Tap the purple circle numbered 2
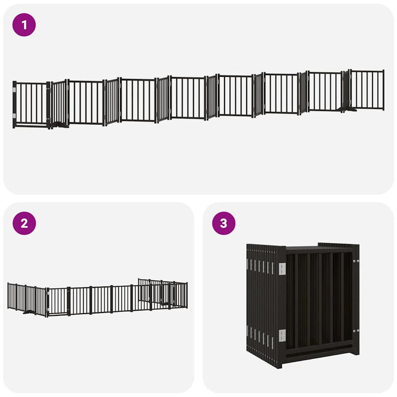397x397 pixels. [x=24, y=223]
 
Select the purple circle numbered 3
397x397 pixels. [x=223, y=223]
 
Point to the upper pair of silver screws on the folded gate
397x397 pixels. [x=356, y=261]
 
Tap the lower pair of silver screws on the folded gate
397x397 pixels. [x=356, y=331]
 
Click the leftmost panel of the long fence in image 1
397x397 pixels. [x=31, y=104]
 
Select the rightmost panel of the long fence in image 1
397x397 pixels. [x=367, y=90]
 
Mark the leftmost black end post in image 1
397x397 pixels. [x=14, y=105]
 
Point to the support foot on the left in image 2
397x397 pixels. [x=28, y=311]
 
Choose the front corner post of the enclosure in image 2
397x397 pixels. [x=47, y=302]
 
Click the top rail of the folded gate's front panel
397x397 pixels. [x=320, y=249]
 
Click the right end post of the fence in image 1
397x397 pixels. [x=383, y=90]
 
